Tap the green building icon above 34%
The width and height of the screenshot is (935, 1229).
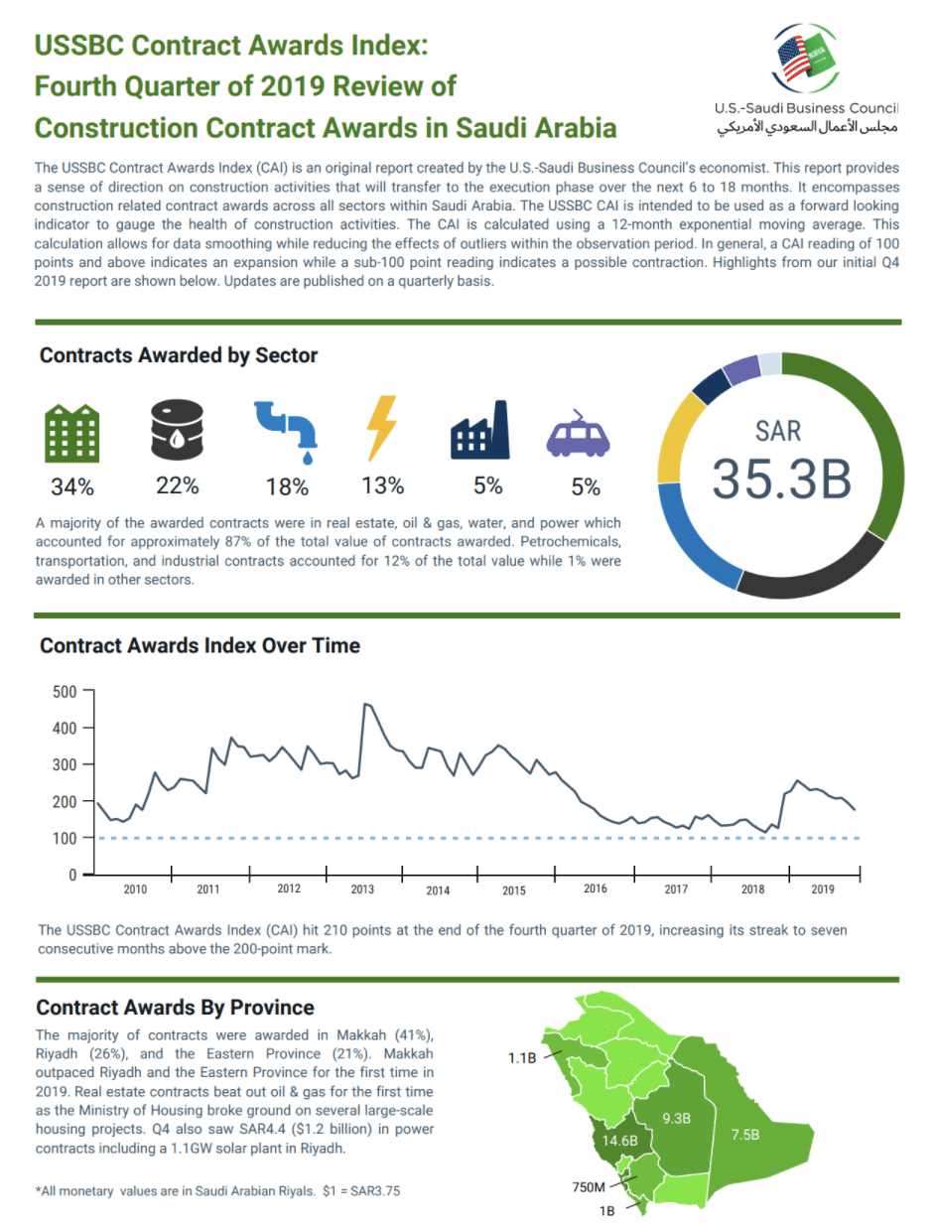point(72,433)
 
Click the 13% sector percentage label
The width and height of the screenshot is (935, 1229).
point(382,486)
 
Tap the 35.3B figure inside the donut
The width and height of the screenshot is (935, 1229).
point(782,478)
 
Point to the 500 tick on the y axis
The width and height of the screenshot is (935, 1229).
point(65,691)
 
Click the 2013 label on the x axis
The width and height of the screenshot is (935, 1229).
point(362,889)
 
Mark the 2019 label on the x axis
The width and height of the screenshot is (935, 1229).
point(822,889)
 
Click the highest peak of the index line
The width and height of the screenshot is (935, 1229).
point(366,704)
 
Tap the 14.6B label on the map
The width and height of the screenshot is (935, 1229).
point(619,1141)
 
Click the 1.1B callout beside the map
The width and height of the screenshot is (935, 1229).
point(523,1058)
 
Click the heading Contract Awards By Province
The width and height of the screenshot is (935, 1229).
point(175,1008)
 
